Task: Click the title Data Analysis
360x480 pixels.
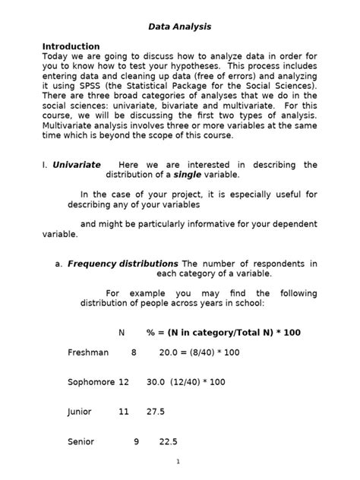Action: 180,27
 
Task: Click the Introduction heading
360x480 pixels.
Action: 71,46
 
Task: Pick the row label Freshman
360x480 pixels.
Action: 88,352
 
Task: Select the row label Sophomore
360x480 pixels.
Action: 91,382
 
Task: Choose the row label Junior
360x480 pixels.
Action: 80,412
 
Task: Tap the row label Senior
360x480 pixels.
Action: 81,441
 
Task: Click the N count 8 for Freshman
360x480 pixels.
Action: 134,352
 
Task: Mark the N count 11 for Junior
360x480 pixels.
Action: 124,412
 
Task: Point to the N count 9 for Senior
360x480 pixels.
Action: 137,441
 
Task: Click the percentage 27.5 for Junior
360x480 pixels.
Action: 155,412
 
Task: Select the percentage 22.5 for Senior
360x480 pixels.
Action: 168,441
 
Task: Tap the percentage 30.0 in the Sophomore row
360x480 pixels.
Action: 156,382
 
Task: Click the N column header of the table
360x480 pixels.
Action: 122,333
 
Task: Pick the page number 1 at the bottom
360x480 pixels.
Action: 178,461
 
